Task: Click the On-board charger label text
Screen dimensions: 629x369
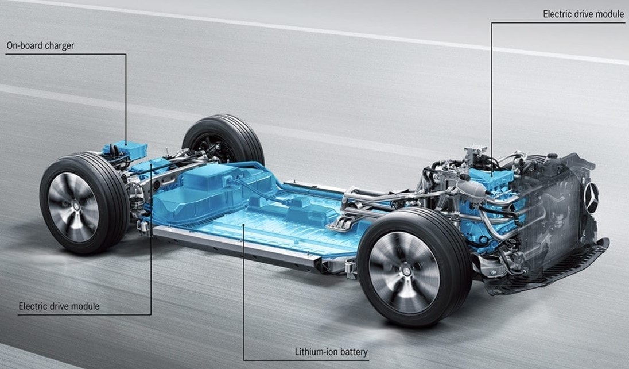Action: tap(41, 45)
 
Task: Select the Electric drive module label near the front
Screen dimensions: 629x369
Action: tap(584, 14)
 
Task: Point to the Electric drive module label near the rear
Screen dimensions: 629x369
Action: tap(59, 306)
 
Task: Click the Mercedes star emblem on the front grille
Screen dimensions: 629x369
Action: tap(591, 198)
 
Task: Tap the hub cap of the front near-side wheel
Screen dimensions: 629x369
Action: tap(404, 272)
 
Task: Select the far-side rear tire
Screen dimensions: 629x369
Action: tap(224, 139)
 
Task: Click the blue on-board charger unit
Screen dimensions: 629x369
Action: tap(125, 149)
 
